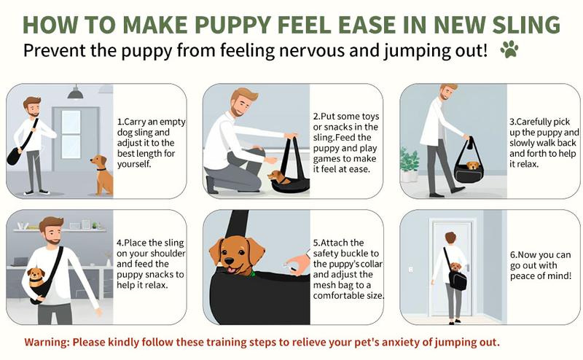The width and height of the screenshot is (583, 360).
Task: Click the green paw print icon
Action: (x=509, y=49)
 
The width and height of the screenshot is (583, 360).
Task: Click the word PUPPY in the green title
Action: (x=233, y=25)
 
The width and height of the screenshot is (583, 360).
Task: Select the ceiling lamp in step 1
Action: (x=76, y=93)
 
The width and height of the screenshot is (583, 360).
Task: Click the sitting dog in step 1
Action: (x=102, y=175)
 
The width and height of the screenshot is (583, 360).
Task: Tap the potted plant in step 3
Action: (x=409, y=164)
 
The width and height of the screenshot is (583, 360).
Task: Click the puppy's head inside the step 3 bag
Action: (x=473, y=165)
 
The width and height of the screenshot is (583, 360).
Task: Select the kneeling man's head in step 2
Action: (x=242, y=102)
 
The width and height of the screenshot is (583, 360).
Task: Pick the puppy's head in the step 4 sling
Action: (x=36, y=275)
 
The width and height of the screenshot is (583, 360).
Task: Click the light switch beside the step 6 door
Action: (x=410, y=269)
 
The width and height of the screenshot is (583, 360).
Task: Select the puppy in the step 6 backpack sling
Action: (x=455, y=267)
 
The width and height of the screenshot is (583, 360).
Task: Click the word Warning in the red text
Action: (x=47, y=343)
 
